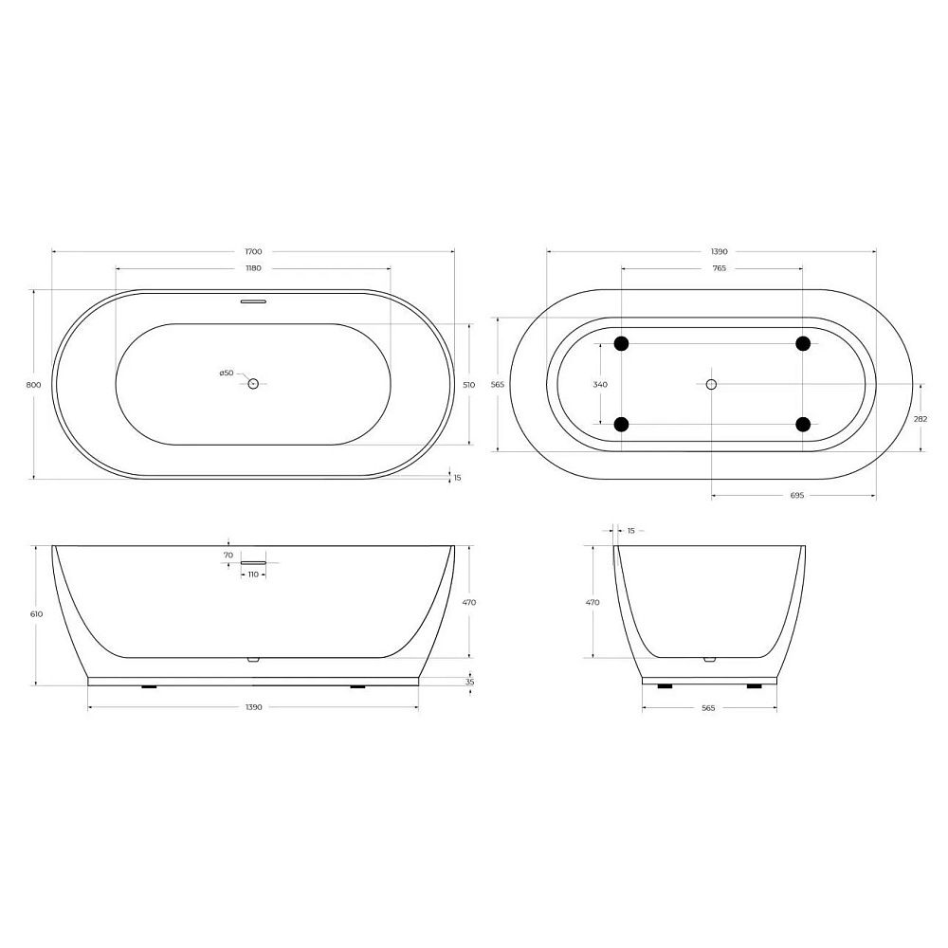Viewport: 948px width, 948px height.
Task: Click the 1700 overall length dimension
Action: (x=253, y=251)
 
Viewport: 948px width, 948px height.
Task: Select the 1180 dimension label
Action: (x=253, y=268)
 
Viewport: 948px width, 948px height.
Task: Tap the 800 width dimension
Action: (x=34, y=385)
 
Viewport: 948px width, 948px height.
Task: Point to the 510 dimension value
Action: (x=469, y=385)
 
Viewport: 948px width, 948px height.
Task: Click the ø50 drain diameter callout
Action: (x=227, y=373)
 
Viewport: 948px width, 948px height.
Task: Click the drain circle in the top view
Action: (x=253, y=383)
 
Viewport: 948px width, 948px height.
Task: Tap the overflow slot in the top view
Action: (x=253, y=301)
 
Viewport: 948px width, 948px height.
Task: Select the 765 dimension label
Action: (x=719, y=268)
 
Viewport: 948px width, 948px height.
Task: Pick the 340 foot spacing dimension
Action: (x=600, y=385)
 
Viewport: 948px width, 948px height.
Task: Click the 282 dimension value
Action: (x=921, y=418)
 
